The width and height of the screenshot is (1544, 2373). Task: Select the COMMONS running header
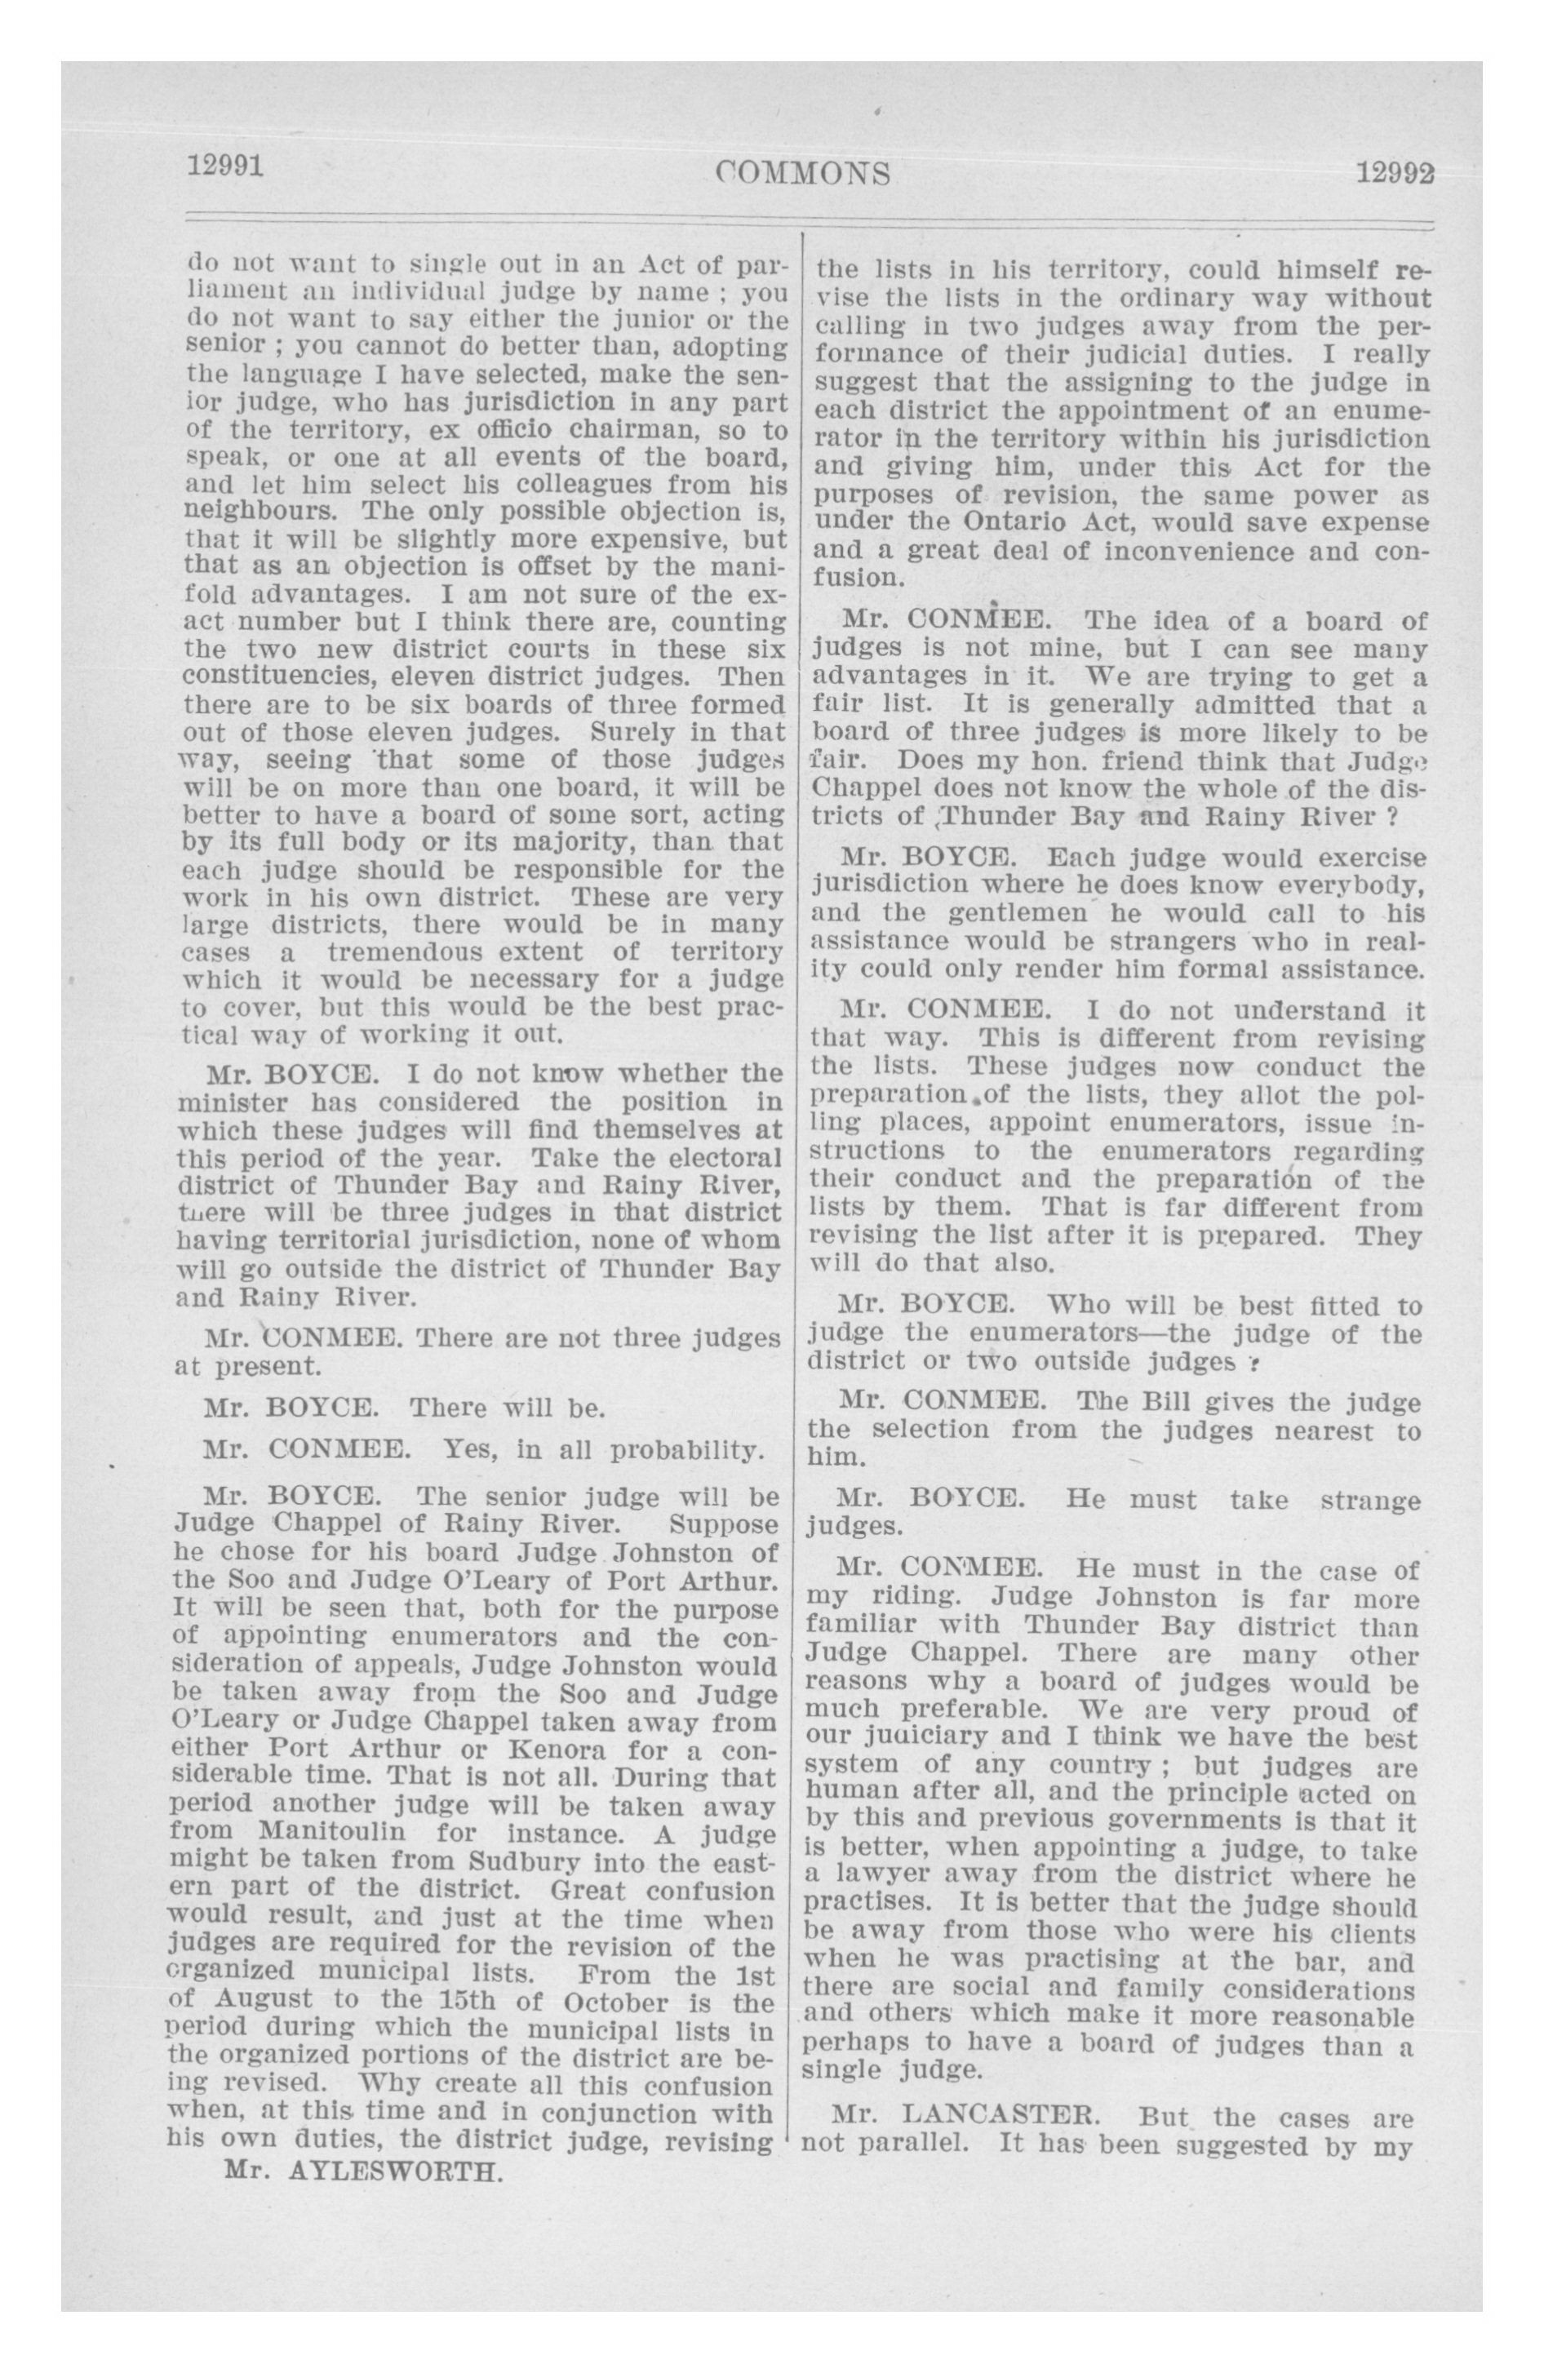pyautogui.click(x=802, y=174)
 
